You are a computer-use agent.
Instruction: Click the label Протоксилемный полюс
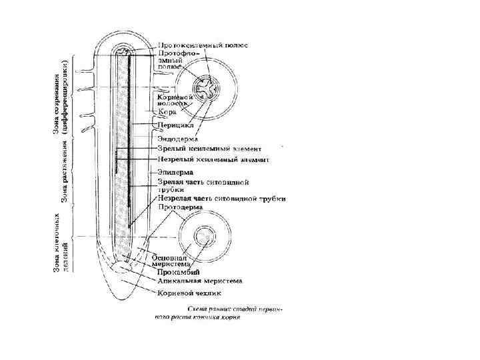(203, 45)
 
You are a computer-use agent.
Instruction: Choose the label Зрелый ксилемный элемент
(209, 149)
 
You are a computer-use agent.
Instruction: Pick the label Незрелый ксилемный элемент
(213, 160)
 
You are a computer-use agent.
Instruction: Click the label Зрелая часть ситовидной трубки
(203, 185)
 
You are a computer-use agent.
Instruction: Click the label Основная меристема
(173, 261)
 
